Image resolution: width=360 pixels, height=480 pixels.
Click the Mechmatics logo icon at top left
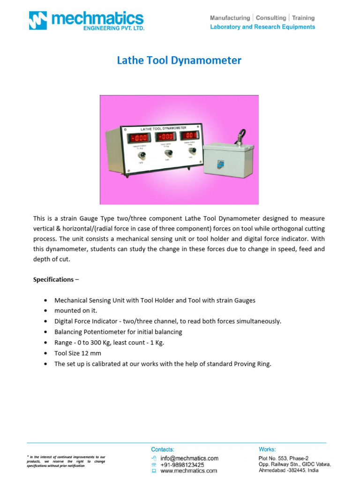(x=38, y=21)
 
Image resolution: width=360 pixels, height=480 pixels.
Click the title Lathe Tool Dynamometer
(x=179, y=60)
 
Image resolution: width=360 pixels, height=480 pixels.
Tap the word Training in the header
(x=303, y=18)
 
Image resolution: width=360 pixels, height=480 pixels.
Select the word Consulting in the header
(x=270, y=18)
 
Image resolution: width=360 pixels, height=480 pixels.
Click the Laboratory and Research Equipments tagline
(x=262, y=27)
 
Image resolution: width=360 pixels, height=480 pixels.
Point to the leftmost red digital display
(x=139, y=138)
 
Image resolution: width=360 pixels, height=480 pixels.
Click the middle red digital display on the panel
(x=165, y=136)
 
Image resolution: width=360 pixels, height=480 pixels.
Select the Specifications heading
(x=53, y=279)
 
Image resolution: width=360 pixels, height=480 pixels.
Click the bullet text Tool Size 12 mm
(x=78, y=353)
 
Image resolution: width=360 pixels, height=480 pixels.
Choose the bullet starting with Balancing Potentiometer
(x=118, y=332)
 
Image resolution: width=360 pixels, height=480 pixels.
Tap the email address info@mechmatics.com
(x=189, y=458)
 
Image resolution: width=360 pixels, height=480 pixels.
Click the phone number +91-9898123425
(x=182, y=465)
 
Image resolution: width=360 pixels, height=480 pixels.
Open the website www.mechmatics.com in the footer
(x=188, y=471)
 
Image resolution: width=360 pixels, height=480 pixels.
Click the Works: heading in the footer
(x=267, y=449)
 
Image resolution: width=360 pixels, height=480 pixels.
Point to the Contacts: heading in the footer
(x=163, y=449)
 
